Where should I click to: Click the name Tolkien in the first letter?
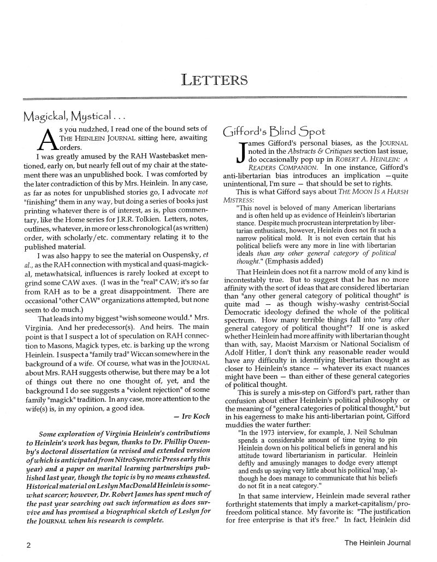pyautogui.click(x=135, y=212)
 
